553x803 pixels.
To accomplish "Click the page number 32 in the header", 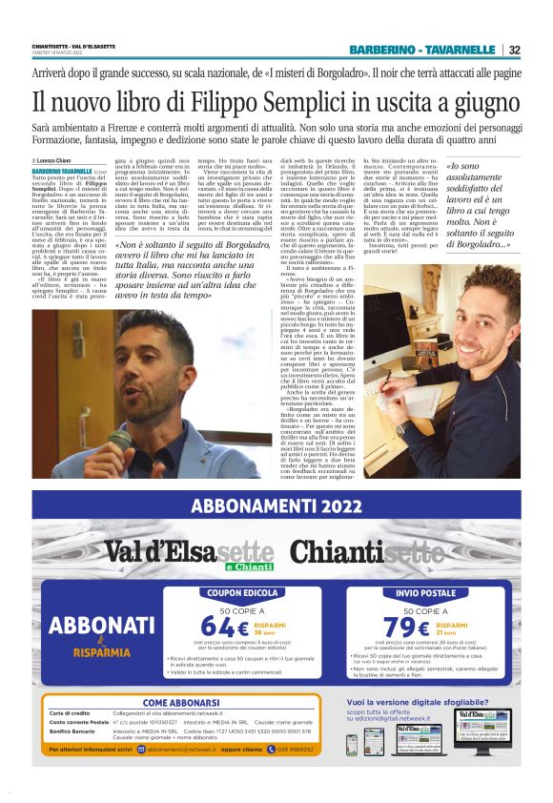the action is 513,50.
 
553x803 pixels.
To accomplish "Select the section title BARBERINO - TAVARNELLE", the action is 424,50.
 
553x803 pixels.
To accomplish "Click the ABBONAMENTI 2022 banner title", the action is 276,504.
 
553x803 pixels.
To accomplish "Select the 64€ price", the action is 222,627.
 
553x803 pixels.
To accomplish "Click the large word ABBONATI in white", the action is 95,626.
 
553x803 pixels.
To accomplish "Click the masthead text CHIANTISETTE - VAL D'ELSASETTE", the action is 75,45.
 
